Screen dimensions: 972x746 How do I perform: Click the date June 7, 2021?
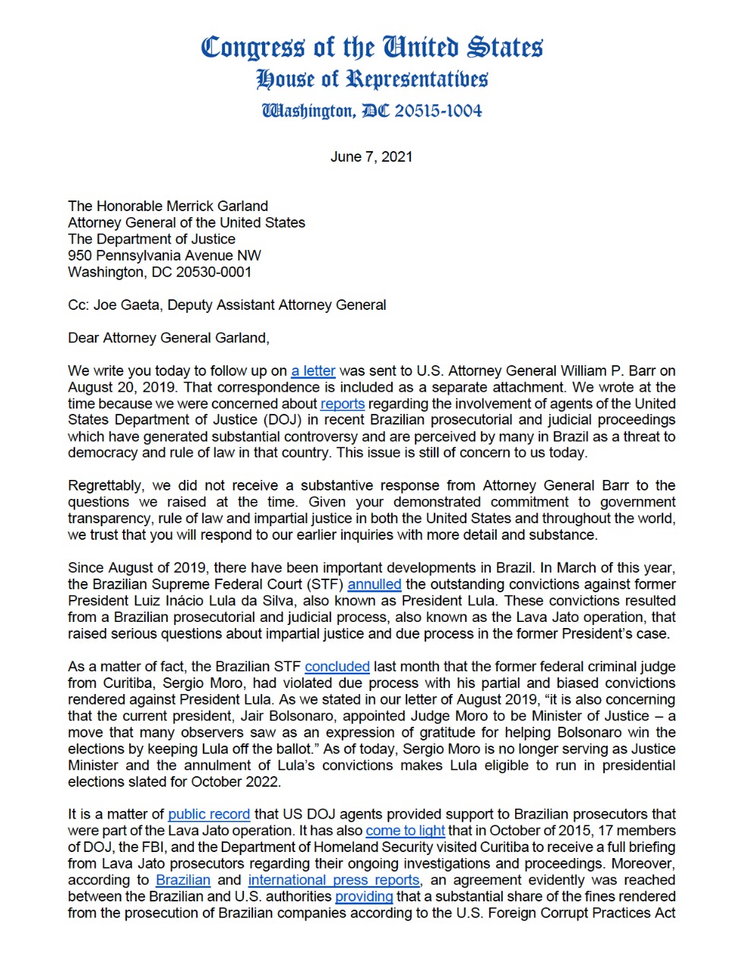371,156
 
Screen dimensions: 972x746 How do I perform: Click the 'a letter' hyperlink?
313,371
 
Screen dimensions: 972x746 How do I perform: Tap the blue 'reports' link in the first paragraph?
343,404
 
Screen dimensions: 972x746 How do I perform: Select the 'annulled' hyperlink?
375,584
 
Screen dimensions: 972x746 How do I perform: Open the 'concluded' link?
337,667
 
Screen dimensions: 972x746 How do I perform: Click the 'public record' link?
209,814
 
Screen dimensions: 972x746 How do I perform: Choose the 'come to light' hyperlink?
405,831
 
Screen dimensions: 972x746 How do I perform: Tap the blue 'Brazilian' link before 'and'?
183,880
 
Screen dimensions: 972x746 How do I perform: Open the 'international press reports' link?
334,880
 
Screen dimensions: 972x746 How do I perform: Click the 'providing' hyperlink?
364,897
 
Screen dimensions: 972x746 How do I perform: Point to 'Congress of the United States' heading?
372,47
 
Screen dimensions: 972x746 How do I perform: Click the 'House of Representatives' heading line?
372,79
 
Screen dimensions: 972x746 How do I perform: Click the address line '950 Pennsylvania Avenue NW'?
164,256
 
